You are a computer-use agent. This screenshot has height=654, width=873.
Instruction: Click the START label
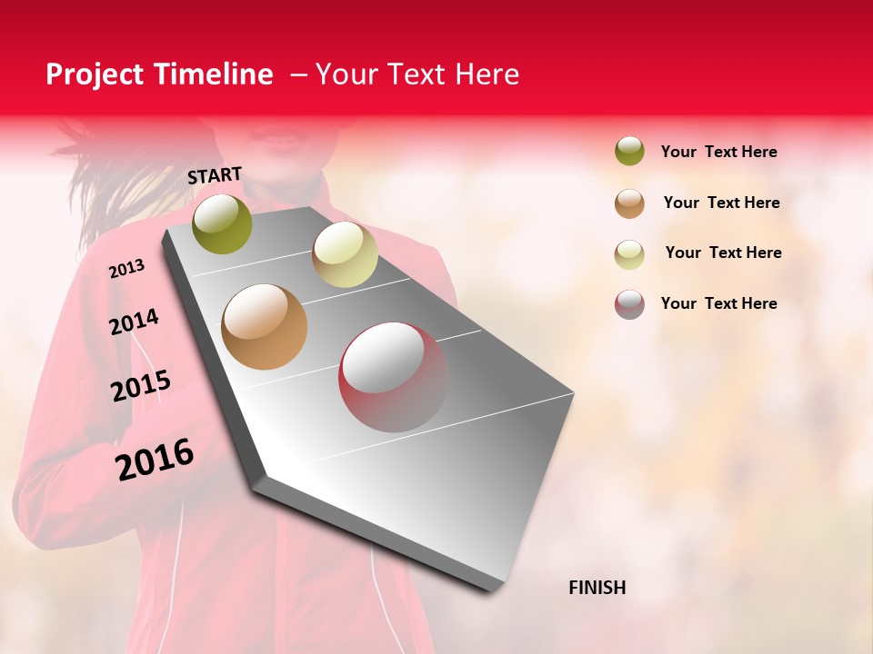[215, 175]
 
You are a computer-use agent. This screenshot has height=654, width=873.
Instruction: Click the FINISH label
[597, 588]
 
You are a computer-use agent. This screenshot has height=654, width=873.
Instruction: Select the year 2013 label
[126, 269]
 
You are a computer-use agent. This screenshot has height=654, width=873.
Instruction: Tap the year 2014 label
[134, 322]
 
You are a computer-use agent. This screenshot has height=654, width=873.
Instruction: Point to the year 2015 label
[140, 386]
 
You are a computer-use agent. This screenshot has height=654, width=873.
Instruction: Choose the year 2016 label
[155, 460]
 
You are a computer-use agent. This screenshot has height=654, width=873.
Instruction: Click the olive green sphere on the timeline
[223, 223]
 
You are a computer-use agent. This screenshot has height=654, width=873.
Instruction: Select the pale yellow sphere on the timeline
[345, 254]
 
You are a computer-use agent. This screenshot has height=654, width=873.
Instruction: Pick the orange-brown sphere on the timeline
[264, 327]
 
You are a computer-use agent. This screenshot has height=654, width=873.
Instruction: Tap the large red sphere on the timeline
[393, 376]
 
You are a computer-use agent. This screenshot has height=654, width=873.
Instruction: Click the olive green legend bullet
[629, 151]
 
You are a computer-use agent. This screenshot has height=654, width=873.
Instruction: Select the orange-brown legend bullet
[629, 203]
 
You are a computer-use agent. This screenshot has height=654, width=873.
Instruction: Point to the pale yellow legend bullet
[629, 254]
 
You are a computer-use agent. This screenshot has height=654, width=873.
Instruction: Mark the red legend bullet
[629, 304]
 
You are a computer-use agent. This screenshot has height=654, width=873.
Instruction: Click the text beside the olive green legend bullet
[718, 152]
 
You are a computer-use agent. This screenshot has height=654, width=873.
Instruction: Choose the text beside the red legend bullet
[718, 303]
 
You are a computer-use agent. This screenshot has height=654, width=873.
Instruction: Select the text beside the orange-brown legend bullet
[721, 203]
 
